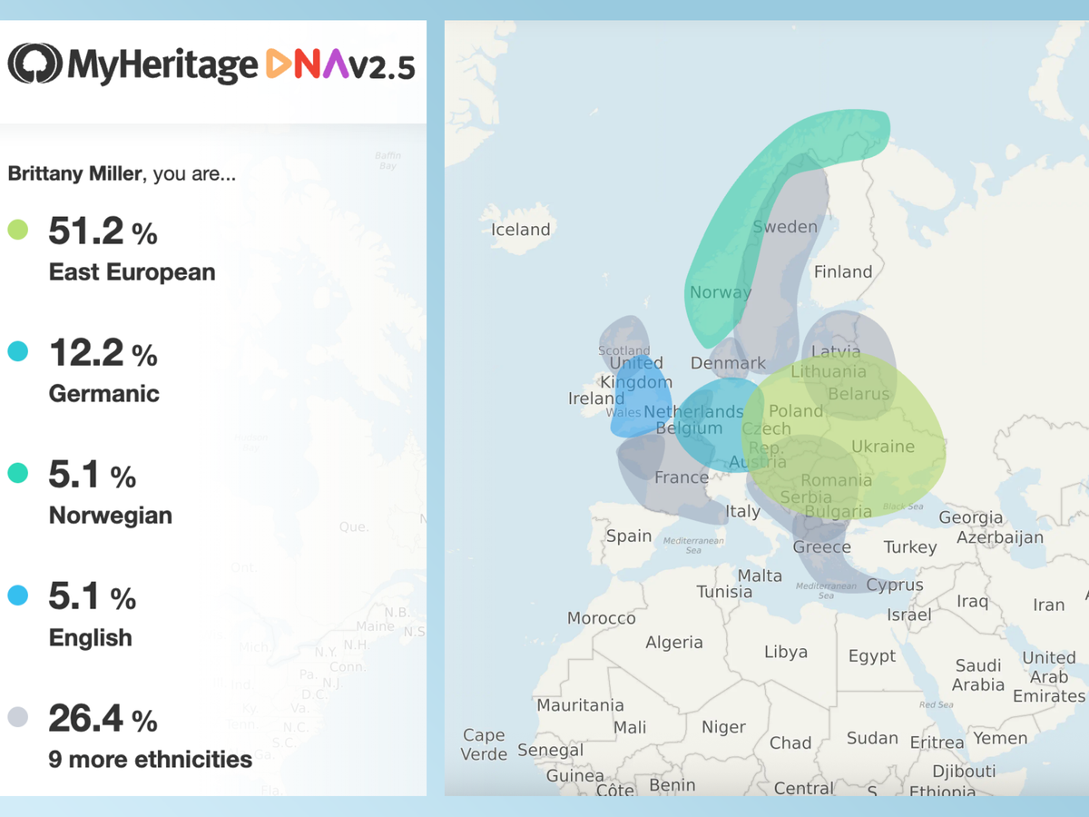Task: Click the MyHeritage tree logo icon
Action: click(35, 64)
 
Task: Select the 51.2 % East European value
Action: click(103, 232)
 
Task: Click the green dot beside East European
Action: click(18, 230)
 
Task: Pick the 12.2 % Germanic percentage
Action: click(103, 353)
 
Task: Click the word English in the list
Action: click(90, 637)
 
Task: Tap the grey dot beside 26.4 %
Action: click(18, 718)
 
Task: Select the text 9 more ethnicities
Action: click(150, 759)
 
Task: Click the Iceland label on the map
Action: click(521, 230)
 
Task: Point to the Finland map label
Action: click(843, 271)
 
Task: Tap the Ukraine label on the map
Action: click(883, 447)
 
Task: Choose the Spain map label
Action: click(629, 536)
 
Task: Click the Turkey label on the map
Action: click(910, 546)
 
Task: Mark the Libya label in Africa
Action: click(786, 652)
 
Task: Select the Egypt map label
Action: click(872, 655)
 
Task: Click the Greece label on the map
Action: click(822, 546)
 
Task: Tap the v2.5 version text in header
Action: click(382, 65)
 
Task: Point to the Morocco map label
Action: click(602, 618)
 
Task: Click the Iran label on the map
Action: click(1048, 605)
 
